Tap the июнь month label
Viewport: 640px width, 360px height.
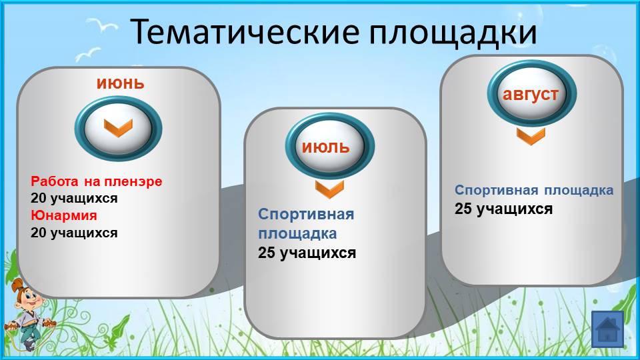click(x=121, y=83)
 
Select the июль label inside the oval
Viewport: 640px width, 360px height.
click(x=326, y=147)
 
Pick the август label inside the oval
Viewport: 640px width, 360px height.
click(x=531, y=95)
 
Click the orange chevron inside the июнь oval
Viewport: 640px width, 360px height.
click(x=119, y=128)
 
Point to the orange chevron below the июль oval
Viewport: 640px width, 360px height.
click(x=330, y=189)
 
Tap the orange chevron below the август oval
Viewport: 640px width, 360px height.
click(x=531, y=136)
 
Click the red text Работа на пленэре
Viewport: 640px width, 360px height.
click(x=96, y=181)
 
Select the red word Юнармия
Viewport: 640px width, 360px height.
click(x=64, y=215)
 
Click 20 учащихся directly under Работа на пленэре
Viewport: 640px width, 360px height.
click(x=74, y=199)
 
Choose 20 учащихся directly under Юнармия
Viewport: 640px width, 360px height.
click(x=74, y=233)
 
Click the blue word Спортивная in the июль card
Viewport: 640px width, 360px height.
click(x=306, y=214)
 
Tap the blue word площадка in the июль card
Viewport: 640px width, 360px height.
click(x=297, y=234)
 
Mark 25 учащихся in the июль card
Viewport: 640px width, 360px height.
click(x=307, y=253)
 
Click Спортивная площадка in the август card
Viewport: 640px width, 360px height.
click(x=534, y=190)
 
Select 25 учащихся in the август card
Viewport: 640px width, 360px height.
click(x=504, y=209)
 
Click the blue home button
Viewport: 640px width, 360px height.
click(x=608, y=329)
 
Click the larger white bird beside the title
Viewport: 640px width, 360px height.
click(x=101, y=25)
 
